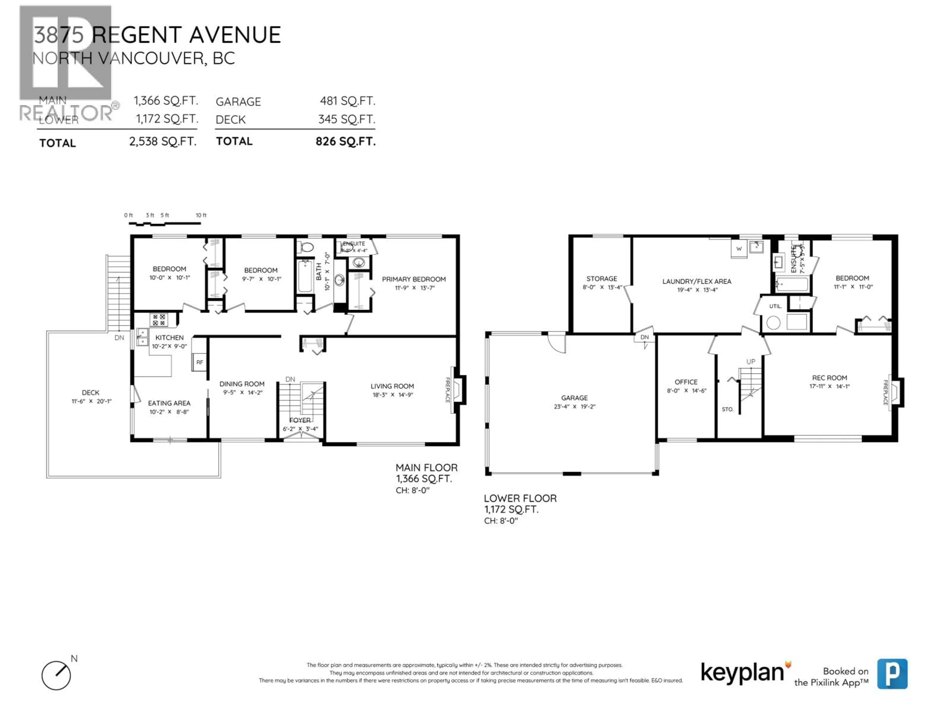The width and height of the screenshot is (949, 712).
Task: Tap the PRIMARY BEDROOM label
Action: tap(413, 279)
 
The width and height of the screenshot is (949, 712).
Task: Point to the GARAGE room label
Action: tap(574, 398)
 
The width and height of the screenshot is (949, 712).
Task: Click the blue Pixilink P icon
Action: tap(892, 674)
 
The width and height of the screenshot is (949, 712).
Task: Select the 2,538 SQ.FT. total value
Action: tap(163, 142)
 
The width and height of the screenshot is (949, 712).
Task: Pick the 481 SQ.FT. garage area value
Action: tap(347, 101)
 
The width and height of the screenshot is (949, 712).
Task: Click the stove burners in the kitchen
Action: tap(159, 320)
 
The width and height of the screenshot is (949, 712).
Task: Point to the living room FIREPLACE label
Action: tap(448, 390)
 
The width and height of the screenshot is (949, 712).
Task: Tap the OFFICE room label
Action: tap(686, 382)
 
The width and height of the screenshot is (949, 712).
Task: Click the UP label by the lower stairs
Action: tap(750, 361)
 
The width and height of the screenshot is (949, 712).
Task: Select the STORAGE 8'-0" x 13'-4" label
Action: tap(602, 282)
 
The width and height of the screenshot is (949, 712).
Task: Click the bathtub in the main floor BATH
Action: tap(305, 276)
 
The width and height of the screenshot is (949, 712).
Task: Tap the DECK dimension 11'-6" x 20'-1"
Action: tap(91, 401)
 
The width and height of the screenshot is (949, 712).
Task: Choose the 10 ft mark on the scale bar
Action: tap(201, 215)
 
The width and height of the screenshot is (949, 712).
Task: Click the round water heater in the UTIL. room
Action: tap(773, 323)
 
